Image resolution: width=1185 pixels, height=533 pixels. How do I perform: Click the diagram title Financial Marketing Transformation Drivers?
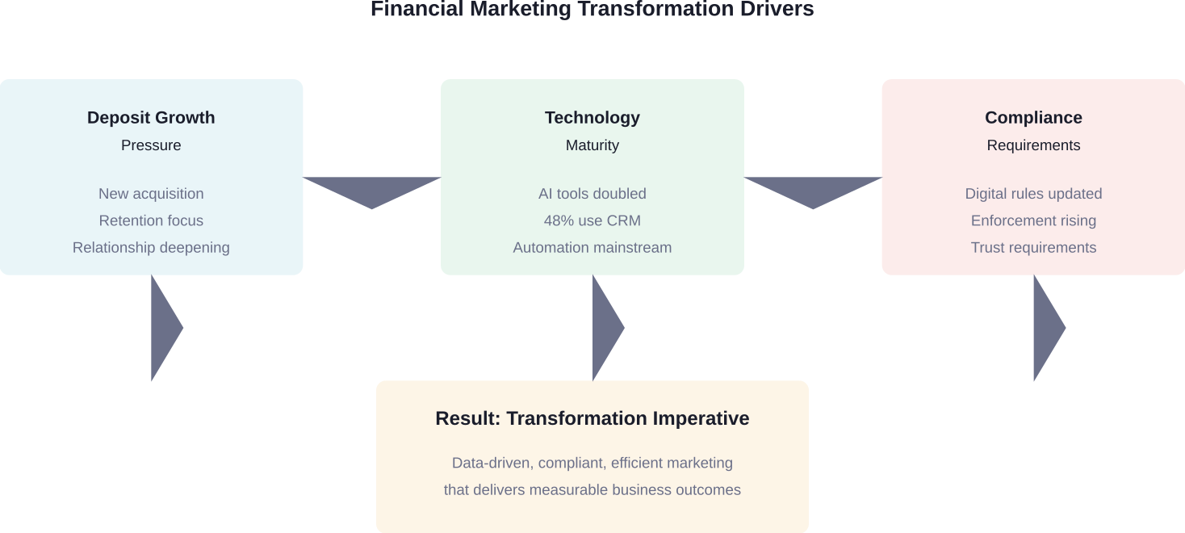[592, 10]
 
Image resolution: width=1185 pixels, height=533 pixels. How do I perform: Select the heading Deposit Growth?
[151, 118]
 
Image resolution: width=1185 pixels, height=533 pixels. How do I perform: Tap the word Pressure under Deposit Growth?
[151, 145]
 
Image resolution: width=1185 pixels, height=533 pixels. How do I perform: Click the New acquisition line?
[151, 194]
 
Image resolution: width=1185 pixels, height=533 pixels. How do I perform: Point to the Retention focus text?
[151, 220]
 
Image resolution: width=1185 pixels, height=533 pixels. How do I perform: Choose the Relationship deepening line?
[151, 247]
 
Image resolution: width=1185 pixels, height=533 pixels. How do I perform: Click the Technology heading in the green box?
[592, 118]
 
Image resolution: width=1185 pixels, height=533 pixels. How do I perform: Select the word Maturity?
[592, 145]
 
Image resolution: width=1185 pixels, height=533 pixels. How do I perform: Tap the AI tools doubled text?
[592, 194]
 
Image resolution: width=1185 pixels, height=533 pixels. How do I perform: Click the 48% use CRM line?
[592, 220]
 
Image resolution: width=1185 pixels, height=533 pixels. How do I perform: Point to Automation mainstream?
[592, 247]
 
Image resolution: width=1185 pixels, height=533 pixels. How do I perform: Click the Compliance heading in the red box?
[1033, 118]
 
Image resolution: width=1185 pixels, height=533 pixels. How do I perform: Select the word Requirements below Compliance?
[1033, 145]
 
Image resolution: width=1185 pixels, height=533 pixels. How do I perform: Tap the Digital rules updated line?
[1033, 194]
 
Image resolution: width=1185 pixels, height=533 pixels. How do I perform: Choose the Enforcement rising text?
[1033, 220]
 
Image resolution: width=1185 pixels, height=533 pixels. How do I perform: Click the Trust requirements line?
[1033, 247]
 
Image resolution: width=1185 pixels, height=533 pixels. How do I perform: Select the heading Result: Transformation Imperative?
[592, 418]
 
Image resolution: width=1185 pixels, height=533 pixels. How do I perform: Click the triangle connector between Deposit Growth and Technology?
[372, 190]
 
